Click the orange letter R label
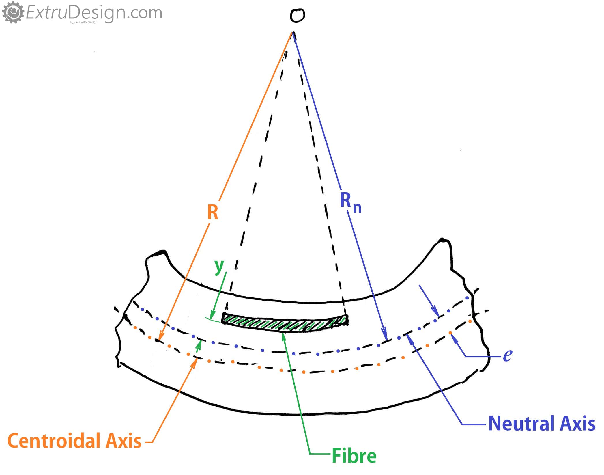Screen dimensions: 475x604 [213, 213]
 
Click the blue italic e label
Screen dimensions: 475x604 [507, 355]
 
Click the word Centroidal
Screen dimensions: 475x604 [53, 441]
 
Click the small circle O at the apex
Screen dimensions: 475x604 [297, 15]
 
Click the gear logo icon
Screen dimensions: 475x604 [12, 12]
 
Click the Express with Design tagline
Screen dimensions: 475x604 [83, 22]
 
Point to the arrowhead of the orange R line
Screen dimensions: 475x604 [160, 338]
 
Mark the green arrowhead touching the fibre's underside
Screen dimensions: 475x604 [284, 335]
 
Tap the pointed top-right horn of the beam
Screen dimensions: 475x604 [442, 241]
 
